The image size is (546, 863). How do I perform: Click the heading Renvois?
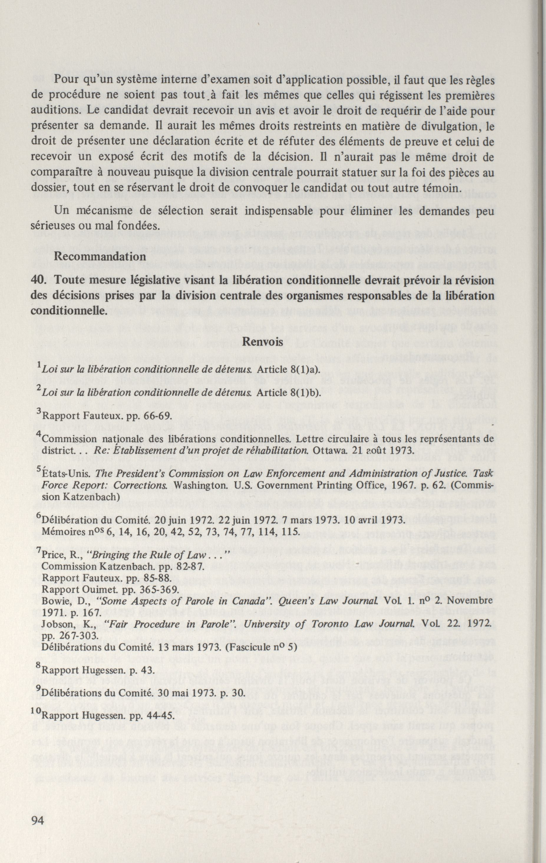(x=263, y=341)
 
